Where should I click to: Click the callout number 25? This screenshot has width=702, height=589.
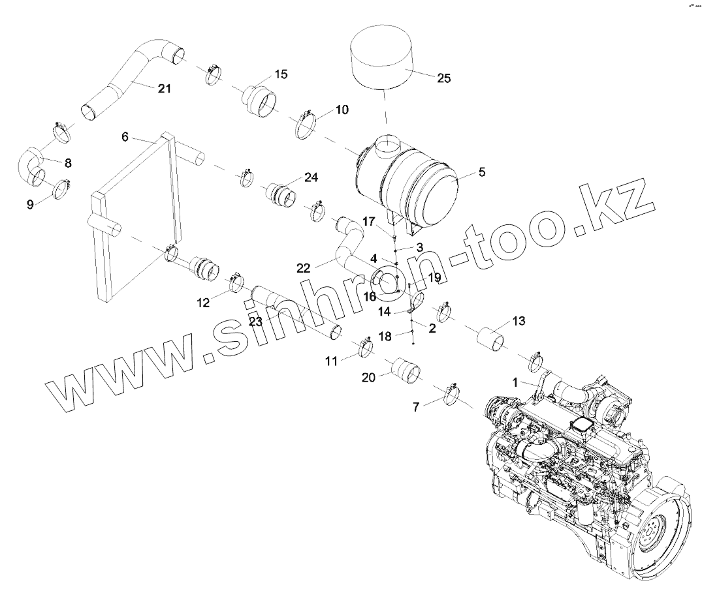[x=443, y=79]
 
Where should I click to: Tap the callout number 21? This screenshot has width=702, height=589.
[x=164, y=88]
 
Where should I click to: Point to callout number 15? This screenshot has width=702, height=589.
[x=280, y=74]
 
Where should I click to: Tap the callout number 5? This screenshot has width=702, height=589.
[x=481, y=172]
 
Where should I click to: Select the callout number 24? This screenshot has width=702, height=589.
[x=310, y=177]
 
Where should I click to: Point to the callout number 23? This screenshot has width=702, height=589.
[x=255, y=321]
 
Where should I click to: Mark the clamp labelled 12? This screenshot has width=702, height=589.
[x=236, y=283]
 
